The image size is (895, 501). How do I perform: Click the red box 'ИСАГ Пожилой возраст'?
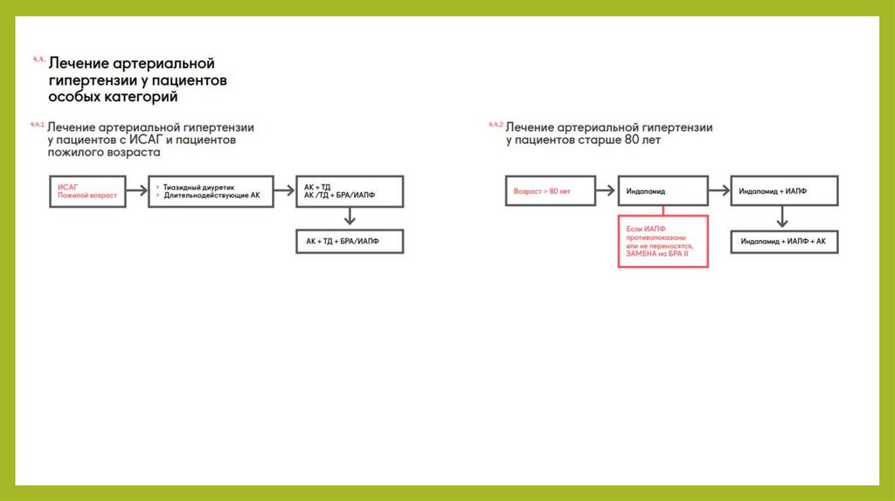87,191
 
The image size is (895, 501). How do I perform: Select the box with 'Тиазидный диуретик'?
210,191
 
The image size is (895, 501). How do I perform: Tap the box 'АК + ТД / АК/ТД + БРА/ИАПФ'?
350,191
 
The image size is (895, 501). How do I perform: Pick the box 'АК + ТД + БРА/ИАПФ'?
350,240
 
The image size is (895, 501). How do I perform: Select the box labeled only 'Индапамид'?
663,190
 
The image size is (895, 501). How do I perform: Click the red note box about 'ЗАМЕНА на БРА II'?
663,240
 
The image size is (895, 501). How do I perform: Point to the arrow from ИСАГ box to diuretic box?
135,191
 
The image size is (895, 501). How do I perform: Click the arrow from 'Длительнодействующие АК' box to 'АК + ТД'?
285,191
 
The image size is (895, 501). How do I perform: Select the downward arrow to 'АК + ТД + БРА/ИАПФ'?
350,217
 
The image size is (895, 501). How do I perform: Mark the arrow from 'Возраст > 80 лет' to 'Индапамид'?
605,190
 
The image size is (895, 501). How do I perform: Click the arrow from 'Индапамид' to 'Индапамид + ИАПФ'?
718,190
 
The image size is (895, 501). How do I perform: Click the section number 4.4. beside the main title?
38,59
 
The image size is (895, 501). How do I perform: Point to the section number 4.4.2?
496,126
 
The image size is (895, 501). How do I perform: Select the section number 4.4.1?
37,124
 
